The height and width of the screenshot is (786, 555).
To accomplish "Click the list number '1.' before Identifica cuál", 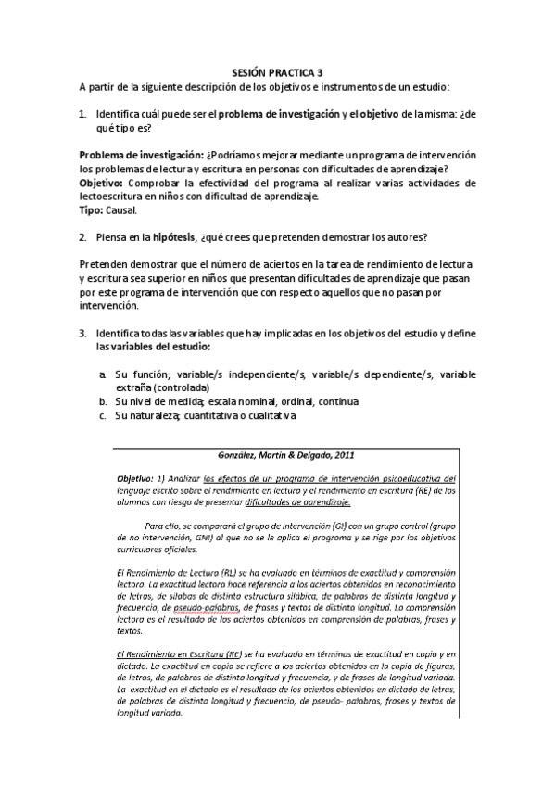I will tap(83, 114).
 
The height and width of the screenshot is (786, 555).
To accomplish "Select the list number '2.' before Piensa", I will tap(83, 237).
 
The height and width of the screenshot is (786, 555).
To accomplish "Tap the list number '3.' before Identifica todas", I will tap(83, 333).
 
